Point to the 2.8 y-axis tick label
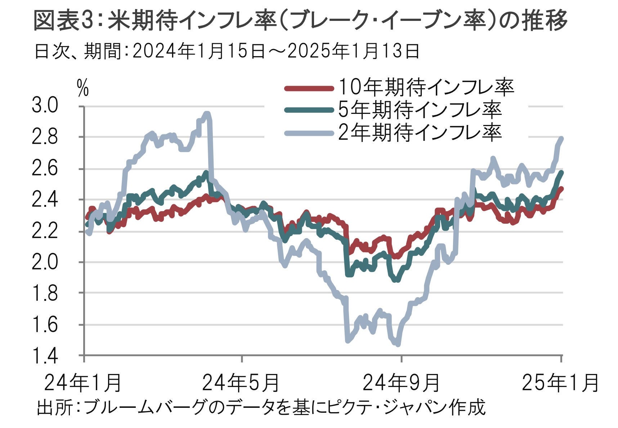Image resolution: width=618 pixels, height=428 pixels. click(x=45, y=137)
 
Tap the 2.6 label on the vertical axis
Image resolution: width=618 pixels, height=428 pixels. click(x=45, y=169)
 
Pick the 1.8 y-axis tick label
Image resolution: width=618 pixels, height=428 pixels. click(x=45, y=293)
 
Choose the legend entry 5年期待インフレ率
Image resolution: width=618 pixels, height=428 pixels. click(x=420, y=110)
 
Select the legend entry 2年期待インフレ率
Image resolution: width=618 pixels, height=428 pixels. click(x=420, y=132)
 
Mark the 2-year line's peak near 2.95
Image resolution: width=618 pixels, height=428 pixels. click(x=207, y=113)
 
